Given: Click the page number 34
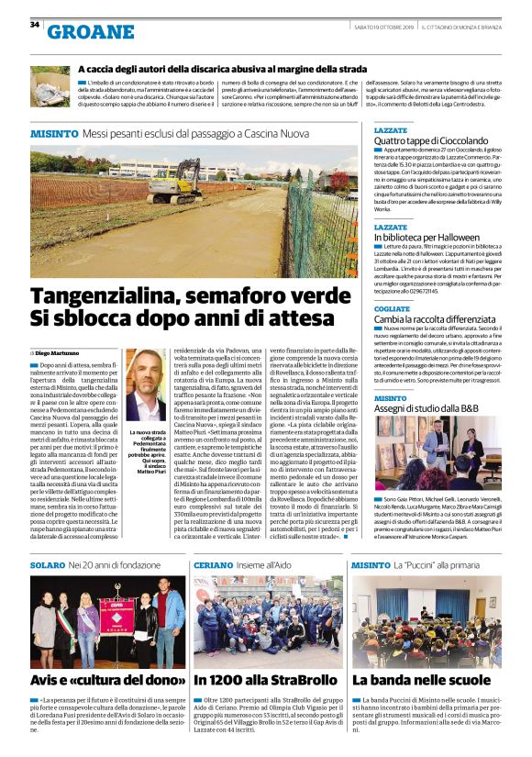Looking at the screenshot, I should pos(35,25).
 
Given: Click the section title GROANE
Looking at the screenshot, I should pos(90,32).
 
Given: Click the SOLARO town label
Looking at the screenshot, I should pos(49,566).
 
